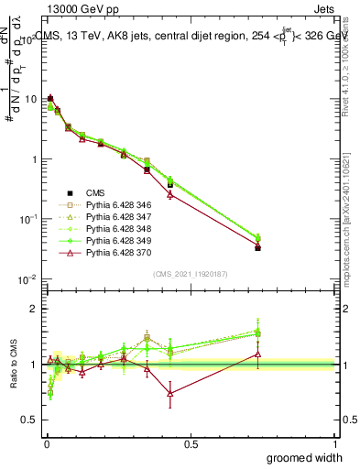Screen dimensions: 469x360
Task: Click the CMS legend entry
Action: [x=97, y=192]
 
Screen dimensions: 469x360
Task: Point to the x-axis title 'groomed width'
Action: [x=305, y=457]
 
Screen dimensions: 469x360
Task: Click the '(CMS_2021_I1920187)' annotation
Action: [x=191, y=274]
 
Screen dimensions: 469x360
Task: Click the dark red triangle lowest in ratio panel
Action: [x=170, y=393]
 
